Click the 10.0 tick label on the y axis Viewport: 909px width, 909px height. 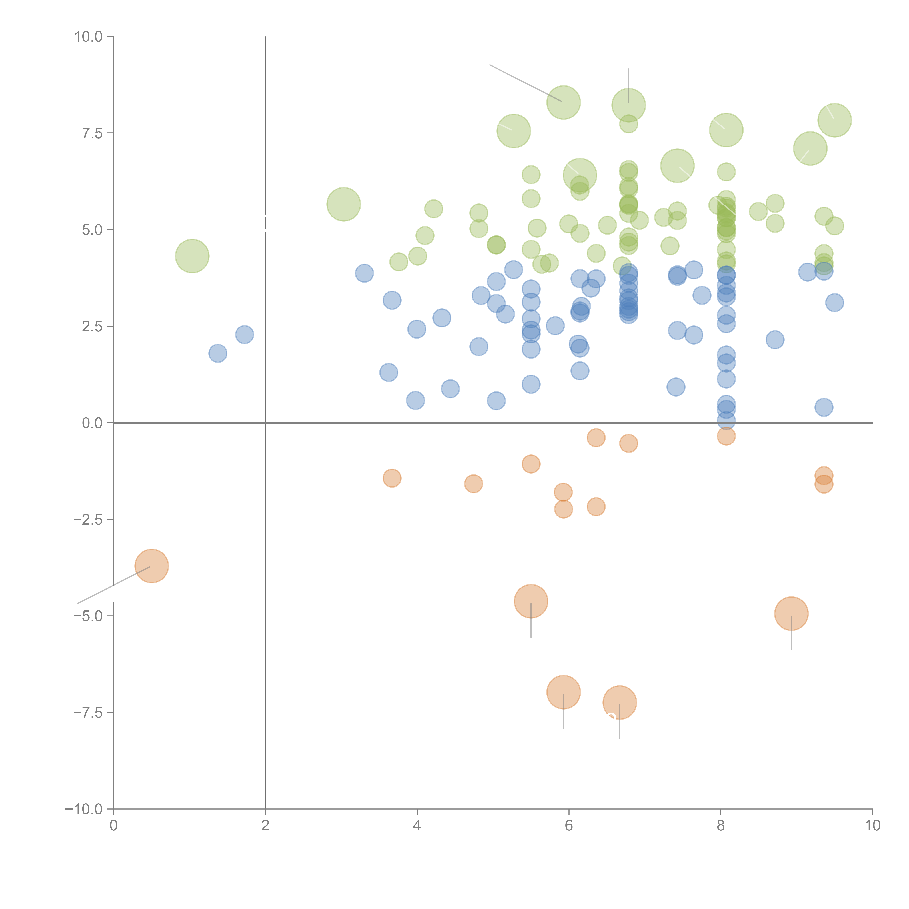pyautogui.click(x=89, y=37)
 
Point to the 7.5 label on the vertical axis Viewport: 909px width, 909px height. pyautogui.click(x=92, y=133)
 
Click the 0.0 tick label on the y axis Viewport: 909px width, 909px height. pyautogui.click(x=92, y=423)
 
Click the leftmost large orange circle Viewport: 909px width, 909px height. pyautogui.click(x=151, y=566)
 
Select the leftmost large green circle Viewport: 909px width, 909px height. pyautogui.click(x=192, y=256)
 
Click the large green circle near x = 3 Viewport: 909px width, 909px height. pyautogui.click(x=343, y=204)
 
